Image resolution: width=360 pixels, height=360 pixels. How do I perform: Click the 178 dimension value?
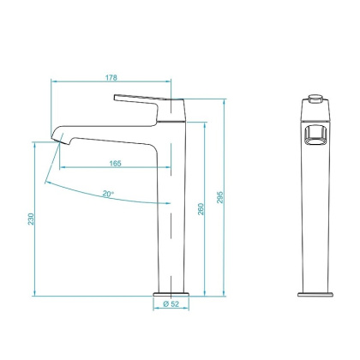(112, 77)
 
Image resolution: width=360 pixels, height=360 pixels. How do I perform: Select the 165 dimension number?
(114, 163)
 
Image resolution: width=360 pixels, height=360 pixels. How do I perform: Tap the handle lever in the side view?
(141, 98)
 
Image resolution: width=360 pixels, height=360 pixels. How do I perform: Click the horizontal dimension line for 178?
(112, 83)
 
